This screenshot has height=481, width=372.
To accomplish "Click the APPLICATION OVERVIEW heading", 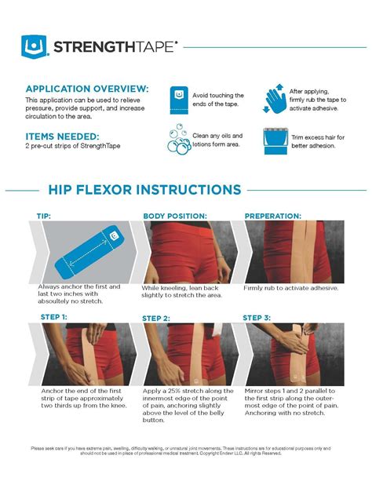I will pos(86,89).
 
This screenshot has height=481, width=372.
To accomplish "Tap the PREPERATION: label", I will pos(273,215).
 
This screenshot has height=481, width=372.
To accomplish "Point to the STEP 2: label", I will pos(156,318).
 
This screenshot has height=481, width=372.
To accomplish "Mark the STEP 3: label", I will pos(257,317).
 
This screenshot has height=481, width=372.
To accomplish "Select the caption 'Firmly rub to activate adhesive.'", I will pos(291,288).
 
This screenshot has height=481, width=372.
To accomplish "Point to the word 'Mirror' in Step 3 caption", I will pos(256,389).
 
